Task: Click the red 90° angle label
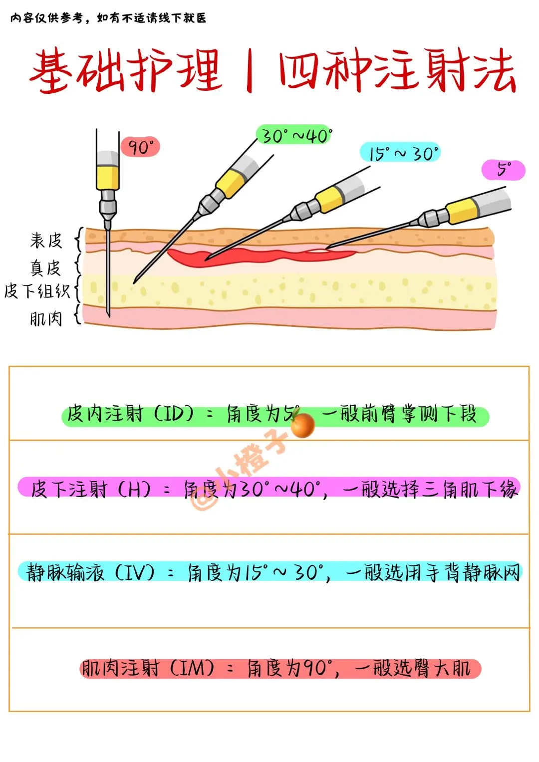pos(140,147)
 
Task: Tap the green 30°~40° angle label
pos(295,135)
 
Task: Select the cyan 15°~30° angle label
pos(401,153)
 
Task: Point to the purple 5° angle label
pos(503,170)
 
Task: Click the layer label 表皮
pos(46,241)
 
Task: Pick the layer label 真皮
pos(45,268)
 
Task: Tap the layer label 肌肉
pos(46,318)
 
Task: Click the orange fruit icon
pos(302,425)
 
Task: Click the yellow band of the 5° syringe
pos(462,211)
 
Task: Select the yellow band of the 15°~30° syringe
pos(328,199)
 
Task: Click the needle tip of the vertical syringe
pos(108,314)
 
